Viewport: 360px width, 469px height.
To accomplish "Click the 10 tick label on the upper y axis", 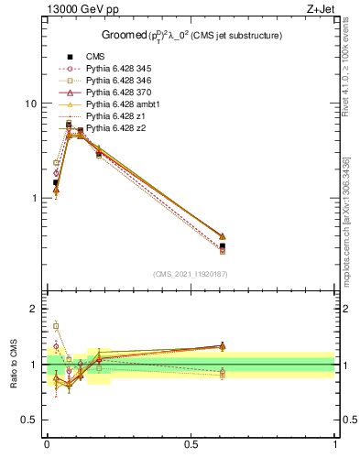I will (x=30, y=104).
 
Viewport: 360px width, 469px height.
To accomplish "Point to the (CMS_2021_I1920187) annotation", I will (x=191, y=274).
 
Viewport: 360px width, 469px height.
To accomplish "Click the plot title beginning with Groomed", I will (x=191, y=35).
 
